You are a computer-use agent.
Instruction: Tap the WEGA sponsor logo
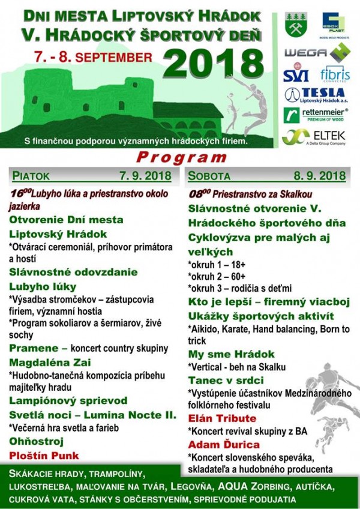[x=317, y=52]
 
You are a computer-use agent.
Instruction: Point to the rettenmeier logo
[x=316, y=115]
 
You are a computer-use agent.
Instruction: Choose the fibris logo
[x=335, y=74]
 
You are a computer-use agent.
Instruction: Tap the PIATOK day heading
[x=31, y=176]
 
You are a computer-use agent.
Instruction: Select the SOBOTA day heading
[x=209, y=176]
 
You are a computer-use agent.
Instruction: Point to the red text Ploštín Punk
[x=44, y=456]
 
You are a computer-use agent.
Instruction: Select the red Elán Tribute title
[x=222, y=418]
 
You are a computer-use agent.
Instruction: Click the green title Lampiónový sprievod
[x=68, y=400]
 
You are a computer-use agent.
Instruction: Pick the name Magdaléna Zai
[x=49, y=361]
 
